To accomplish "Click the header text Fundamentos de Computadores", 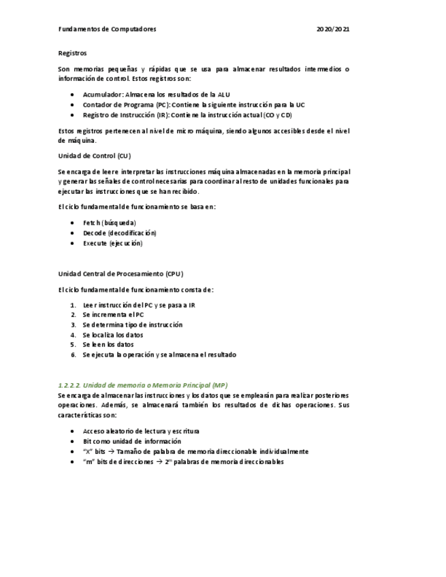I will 107,29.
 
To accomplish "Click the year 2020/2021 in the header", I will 334,29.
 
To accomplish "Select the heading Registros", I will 72,52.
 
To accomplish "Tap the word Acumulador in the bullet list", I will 103,95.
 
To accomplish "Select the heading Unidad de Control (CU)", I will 94,156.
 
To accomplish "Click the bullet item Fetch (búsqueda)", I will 109,222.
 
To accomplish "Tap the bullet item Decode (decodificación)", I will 119,233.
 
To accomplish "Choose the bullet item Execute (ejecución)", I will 112,243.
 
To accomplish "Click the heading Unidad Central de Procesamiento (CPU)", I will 121,274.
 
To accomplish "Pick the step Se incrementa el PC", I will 113,315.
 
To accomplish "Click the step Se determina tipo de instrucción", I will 132,325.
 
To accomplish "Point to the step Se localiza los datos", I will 113,335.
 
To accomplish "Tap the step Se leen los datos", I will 108,344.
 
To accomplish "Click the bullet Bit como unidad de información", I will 131,441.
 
